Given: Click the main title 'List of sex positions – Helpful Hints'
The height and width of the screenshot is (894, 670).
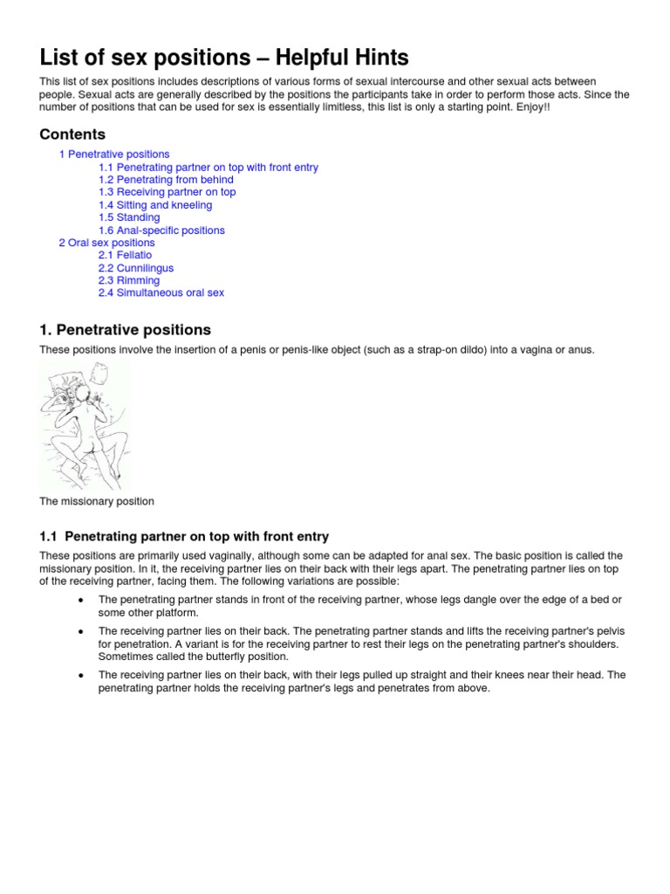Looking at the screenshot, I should (224, 58).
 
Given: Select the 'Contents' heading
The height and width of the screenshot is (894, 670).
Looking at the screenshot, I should (72, 134).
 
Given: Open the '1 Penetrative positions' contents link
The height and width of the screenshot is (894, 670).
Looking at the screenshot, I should (114, 155).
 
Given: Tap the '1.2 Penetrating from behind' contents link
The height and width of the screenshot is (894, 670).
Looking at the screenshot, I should (166, 180).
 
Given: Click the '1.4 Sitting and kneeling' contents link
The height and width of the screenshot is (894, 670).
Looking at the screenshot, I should (155, 205).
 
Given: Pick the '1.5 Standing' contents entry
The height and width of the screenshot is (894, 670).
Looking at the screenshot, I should (129, 217).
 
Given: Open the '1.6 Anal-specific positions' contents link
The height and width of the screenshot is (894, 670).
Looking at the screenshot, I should (161, 230).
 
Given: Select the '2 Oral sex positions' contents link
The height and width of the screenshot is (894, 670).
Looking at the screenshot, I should (106, 243).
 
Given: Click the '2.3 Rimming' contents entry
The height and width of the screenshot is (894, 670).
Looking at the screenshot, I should (129, 280).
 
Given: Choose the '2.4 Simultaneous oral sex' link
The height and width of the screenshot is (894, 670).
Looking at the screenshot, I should (161, 293).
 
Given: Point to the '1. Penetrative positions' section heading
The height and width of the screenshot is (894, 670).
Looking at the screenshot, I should (125, 330).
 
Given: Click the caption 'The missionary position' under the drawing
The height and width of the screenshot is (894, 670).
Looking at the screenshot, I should (96, 501).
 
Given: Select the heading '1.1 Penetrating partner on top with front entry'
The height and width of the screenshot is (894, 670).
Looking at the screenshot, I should (184, 536).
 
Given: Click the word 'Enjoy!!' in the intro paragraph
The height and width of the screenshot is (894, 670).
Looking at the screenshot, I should (534, 107).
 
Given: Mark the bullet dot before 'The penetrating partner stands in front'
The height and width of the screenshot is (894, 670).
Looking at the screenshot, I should (80, 600).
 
